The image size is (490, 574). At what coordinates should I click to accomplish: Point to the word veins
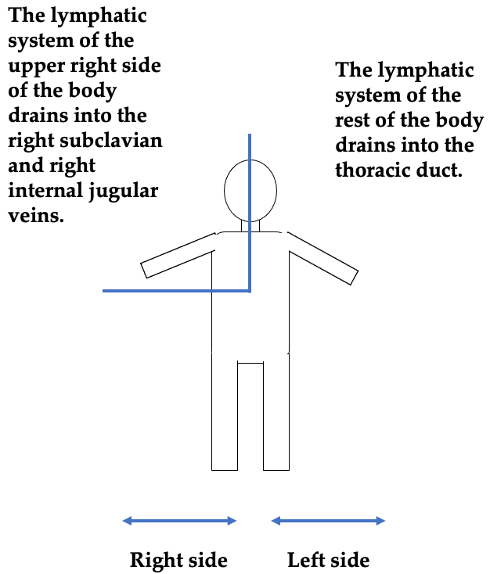[x=36, y=215]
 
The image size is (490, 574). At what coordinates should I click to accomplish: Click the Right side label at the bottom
[x=178, y=560]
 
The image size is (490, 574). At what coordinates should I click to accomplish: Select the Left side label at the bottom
[x=329, y=560]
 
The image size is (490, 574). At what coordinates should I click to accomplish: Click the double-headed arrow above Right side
[x=179, y=521]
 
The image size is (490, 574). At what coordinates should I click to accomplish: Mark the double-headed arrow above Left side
[x=328, y=521]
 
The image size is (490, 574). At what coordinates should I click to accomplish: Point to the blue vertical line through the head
[x=250, y=213]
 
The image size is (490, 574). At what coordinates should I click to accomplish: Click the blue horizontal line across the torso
[x=176, y=291]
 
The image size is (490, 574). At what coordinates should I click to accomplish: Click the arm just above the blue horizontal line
[x=178, y=255]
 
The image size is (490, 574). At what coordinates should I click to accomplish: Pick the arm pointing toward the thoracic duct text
[x=322, y=258]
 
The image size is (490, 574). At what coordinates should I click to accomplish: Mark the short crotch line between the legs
[x=250, y=363]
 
